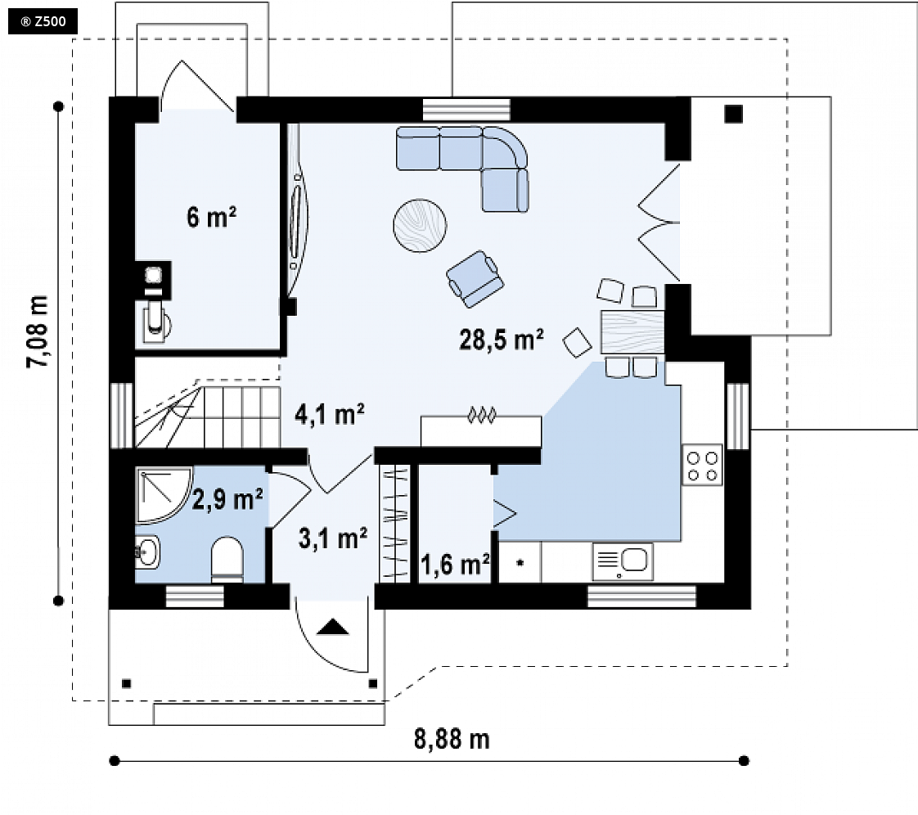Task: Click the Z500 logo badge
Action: click(x=43, y=22)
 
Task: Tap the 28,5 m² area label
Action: click(x=502, y=340)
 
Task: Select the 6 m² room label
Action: click(x=211, y=217)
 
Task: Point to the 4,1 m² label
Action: click(x=330, y=414)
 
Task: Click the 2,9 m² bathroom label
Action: click(x=227, y=499)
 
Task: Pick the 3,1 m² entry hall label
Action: click(x=333, y=538)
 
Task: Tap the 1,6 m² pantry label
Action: click(x=455, y=565)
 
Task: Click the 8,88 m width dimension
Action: click(x=452, y=739)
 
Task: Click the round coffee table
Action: click(x=420, y=226)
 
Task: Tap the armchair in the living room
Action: click(x=475, y=279)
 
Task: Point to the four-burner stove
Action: click(x=702, y=466)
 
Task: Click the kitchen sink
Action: click(x=623, y=561)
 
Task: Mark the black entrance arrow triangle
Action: click(x=332, y=627)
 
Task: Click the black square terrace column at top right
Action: click(x=734, y=114)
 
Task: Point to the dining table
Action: click(x=632, y=331)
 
